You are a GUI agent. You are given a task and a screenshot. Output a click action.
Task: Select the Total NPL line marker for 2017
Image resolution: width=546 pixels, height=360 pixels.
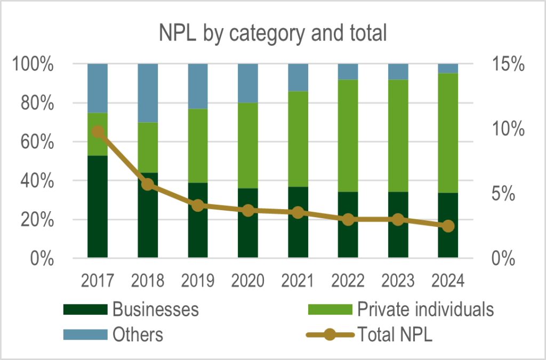click(98, 132)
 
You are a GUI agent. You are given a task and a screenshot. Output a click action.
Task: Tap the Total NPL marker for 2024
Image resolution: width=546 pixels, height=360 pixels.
click(448, 226)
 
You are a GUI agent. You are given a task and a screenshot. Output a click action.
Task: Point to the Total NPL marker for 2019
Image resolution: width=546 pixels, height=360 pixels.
click(198, 205)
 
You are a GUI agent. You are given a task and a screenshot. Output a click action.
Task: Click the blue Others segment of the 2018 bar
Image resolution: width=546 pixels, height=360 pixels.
click(148, 93)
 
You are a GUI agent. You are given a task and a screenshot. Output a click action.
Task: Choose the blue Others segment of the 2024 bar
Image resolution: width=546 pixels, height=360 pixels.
click(448, 68)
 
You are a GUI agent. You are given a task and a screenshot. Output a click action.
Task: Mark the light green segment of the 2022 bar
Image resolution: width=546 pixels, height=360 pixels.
click(348, 135)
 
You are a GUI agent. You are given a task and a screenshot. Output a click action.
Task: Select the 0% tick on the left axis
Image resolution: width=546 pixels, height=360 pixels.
click(41, 259)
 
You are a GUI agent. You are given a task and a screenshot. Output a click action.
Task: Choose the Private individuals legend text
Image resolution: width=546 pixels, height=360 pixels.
click(425, 309)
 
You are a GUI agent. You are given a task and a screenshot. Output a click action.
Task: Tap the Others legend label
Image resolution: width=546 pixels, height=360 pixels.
click(138, 335)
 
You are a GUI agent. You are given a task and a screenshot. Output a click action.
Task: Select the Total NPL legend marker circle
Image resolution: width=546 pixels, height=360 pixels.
click(331, 335)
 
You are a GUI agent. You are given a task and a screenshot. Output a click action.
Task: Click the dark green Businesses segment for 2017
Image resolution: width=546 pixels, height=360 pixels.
click(98, 213)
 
